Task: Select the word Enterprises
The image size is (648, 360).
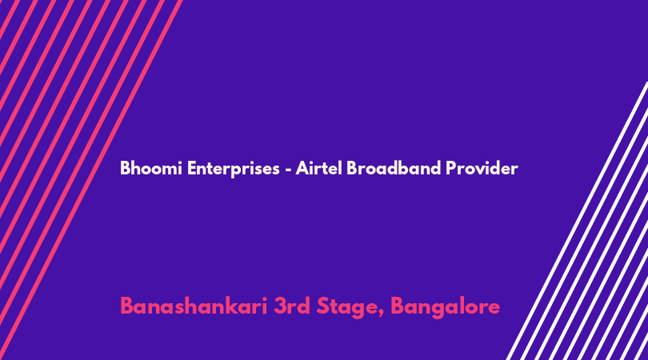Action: coord(234,169)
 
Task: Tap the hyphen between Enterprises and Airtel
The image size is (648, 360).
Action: coord(288,170)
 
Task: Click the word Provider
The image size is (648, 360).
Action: coord(482,168)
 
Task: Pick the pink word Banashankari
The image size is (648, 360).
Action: coord(194,306)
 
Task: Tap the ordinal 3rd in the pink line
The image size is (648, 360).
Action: coord(292,306)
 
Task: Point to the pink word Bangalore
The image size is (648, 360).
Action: coord(445,307)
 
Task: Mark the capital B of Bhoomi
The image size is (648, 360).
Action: coord(126,168)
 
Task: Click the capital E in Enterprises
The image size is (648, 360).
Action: coord(192,168)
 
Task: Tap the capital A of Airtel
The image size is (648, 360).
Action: coord(303,168)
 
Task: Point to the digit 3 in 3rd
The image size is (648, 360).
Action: coord(280,306)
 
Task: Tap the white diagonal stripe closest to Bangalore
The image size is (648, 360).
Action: coord(578,221)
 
